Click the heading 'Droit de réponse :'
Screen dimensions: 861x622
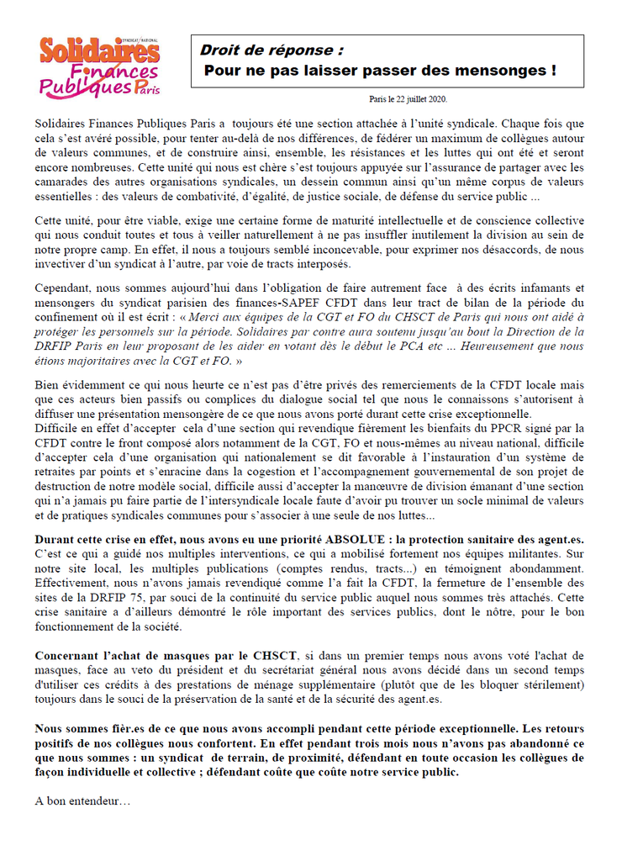pos(271,50)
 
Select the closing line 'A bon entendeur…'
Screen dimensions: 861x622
pos(82,800)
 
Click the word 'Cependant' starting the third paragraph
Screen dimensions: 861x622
pos(65,288)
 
